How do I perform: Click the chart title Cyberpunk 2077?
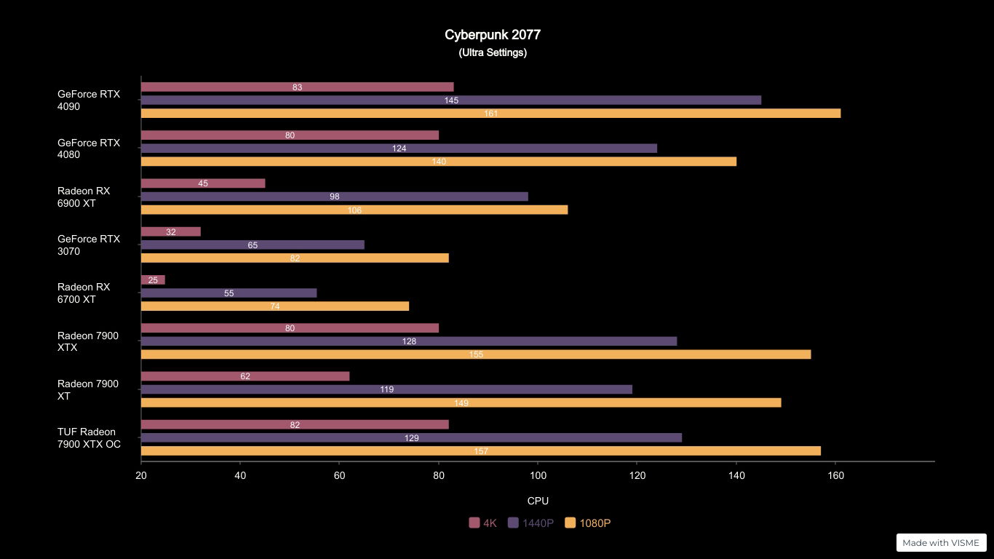[493, 35]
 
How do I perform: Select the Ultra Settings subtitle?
[493, 52]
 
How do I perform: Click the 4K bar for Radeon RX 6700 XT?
[153, 280]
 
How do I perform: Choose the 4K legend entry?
[483, 523]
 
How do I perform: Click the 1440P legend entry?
[531, 523]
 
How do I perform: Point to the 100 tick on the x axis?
[538, 475]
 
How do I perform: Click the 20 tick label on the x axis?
[141, 475]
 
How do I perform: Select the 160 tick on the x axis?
[835, 475]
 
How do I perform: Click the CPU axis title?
[538, 501]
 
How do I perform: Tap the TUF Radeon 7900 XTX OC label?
[89, 438]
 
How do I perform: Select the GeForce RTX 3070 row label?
[89, 245]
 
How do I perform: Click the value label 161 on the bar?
[491, 114]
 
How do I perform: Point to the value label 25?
[153, 280]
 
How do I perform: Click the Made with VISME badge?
[941, 542]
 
